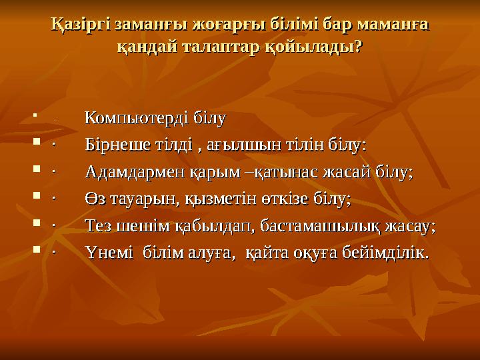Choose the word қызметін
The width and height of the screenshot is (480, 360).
coord(221,199)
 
